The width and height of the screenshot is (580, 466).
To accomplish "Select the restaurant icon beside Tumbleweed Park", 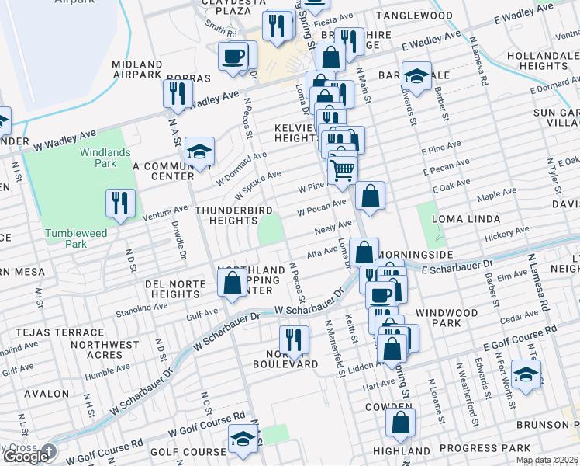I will click(120, 203).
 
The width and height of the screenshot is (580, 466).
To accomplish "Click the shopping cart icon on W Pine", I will click(342, 169).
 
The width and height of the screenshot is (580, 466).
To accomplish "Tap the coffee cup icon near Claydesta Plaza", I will click(233, 56).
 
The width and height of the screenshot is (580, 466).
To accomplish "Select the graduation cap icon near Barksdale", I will click(416, 76).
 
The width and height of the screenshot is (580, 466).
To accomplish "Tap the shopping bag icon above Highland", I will click(400, 423).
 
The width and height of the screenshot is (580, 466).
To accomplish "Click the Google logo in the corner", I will click(26, 457).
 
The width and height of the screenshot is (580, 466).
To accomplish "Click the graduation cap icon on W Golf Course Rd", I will click(243, 439).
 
